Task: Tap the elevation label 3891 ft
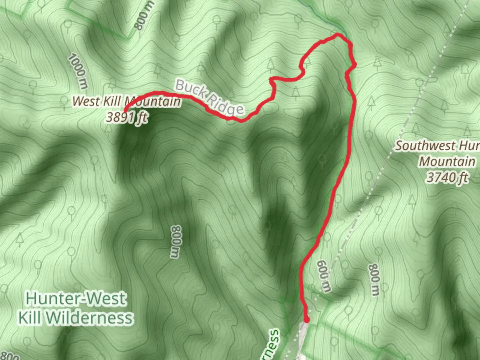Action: click(127, 117)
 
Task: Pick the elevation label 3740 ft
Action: click(447, 177)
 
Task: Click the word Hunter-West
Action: click(76, 298)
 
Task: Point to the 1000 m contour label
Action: click(77, 71)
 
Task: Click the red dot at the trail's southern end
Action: click(306, 320)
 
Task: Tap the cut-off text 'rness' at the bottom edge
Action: click(272, 345)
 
